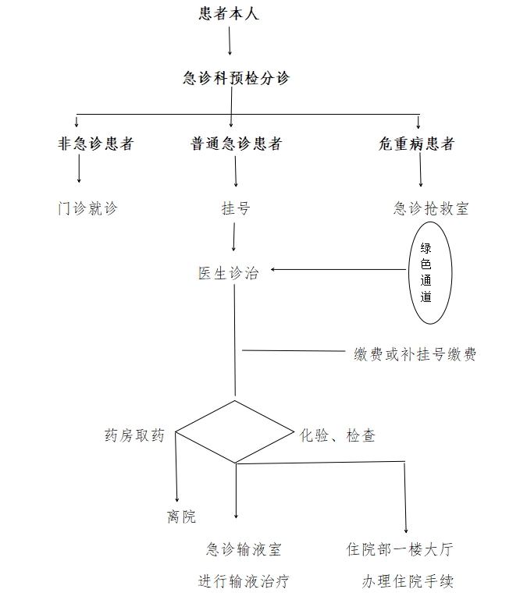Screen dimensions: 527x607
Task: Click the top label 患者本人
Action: (229, 13)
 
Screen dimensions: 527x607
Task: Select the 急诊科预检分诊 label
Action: (237, 78)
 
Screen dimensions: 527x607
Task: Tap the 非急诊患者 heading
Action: (96, 144)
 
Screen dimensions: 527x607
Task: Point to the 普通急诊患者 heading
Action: (236, 144)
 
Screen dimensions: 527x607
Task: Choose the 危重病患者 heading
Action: (416, 144)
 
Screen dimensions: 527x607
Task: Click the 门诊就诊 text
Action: (87, 208)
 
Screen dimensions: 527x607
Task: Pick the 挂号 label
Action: (236, 208)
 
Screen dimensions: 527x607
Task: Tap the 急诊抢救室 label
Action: (431, 208)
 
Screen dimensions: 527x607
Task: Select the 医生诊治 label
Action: (228, 273)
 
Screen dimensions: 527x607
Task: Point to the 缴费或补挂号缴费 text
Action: (415, 354)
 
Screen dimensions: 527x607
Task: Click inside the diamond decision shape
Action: (235, 431)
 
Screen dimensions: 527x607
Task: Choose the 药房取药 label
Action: (134, 435)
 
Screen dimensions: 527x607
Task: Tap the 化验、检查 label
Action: (337, 435)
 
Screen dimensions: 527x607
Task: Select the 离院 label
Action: (181, 516)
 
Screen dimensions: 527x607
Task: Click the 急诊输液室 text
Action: (244, 549)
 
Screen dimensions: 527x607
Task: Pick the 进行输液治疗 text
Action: (244, 581)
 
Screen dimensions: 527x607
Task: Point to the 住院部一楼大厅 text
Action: (400, 549)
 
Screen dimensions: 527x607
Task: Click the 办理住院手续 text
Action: (408, 581)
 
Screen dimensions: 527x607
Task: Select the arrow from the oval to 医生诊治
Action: (338, 269)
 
